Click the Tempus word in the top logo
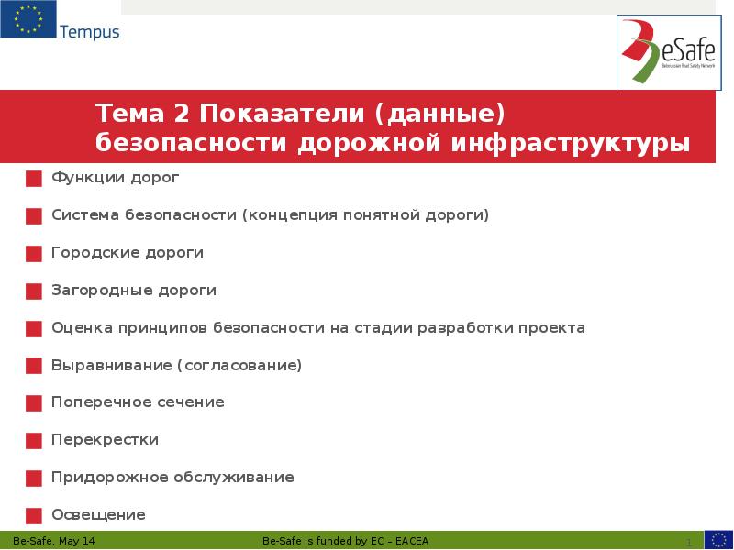tap(89, 32)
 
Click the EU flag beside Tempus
tap(28, 20)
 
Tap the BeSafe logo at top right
tap(669, 52)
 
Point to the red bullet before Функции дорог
tap(34, 179)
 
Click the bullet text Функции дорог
tap(115, 177)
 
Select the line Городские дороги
tap(127, 252)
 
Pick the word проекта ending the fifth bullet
tap(550, 327)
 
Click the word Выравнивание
tap(110, 365)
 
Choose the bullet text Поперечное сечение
tap(138, 401)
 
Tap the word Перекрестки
tap(105, 439)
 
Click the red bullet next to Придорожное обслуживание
tap(34, 478)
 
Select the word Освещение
tap(98, 514)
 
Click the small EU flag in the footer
tap(718, 540)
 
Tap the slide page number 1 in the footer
tap(688, 542)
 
